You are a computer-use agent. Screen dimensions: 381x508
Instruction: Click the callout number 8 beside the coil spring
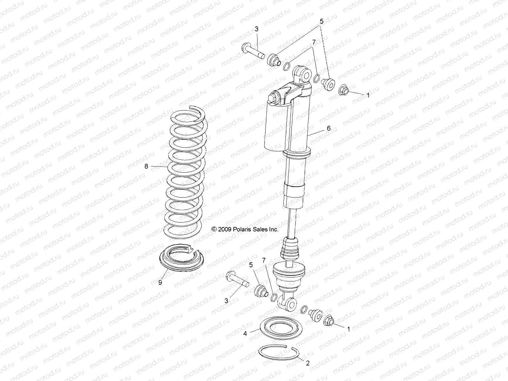tap(146, 166)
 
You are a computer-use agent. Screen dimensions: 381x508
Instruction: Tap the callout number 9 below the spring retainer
tap(160, 282)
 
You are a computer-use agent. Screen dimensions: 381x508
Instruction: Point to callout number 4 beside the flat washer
tap(245, 334)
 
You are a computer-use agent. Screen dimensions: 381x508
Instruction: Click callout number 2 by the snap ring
tap(307, 363)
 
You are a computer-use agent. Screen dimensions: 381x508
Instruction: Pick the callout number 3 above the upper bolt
tap(257, 29)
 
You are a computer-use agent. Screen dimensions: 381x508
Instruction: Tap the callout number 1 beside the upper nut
tap(368, 95)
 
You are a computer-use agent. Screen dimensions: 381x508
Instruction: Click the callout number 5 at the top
tap(321, 22)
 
